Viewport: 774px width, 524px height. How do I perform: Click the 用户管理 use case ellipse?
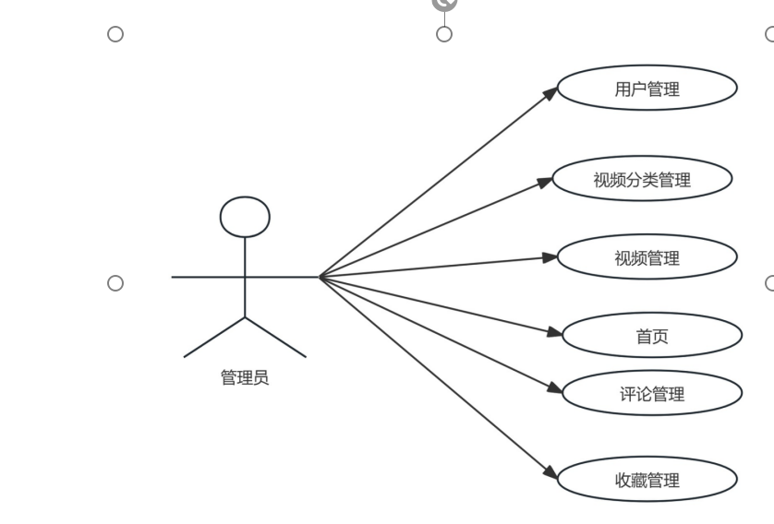click(647, 89)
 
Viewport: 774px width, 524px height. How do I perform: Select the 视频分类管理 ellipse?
click(641, 180)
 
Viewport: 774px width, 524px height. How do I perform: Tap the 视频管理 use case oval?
click(647, 258)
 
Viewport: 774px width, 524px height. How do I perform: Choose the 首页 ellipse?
click(652, 336)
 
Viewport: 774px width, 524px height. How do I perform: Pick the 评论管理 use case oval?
click(652, 395)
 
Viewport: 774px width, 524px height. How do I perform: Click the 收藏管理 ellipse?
click(647, 480)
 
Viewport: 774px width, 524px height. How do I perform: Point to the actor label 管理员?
click(245, 377)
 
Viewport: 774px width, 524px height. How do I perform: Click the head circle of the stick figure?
click(245, 217)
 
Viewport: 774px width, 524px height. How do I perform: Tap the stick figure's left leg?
click(215, 337)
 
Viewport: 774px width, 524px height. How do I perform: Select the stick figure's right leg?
click(275, 337)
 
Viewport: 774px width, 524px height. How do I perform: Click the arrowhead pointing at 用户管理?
click(551, 92)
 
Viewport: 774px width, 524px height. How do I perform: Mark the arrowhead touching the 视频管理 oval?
click(550, 257)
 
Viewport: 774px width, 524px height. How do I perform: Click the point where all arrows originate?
click(320, 276)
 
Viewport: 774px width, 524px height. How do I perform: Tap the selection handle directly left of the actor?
click(115, 282)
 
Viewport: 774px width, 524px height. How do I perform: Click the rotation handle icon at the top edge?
click(444, 4)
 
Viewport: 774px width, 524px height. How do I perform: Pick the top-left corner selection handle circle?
click(115, 34)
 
